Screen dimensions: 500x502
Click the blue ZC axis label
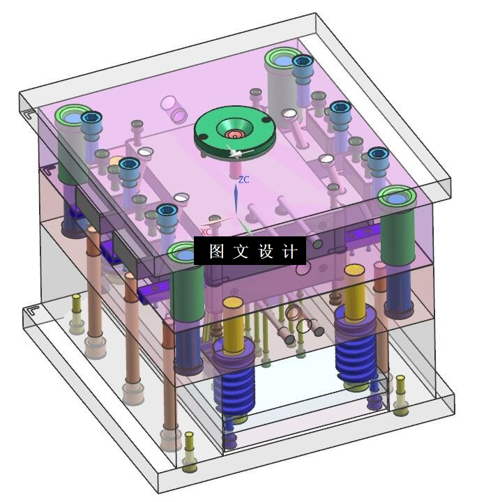click(244, 180)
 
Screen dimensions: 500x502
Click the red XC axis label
click(206, 231)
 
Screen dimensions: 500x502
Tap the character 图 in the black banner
click(217, 251)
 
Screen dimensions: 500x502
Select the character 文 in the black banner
click(241, 251)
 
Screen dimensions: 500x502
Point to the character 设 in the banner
click(265, 251)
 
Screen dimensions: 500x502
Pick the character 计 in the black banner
click(289, 251)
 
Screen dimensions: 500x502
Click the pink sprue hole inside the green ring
click(235, 135)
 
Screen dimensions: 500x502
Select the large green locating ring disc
click(235, 131)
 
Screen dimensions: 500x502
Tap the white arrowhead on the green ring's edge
click(235, 153)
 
